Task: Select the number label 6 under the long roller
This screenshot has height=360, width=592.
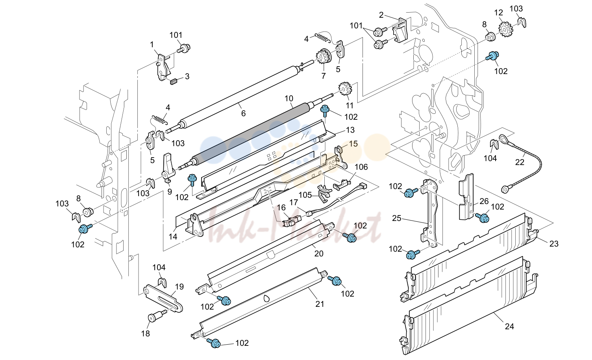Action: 243,113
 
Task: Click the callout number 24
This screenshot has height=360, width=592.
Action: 509,327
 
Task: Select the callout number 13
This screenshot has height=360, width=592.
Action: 350,130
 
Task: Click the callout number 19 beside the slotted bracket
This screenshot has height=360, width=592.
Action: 179,287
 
